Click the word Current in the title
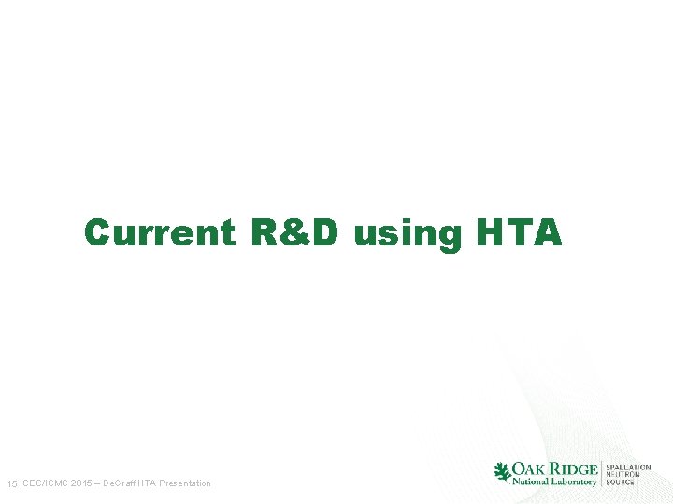coord(159,232)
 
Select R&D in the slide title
coord(294,232)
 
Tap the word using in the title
coord(408,234)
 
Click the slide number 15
coord(12,483)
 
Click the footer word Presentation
coord(185,483)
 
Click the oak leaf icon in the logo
coord(502,472)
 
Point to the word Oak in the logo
coord(530,469)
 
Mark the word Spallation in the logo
coord(628,467)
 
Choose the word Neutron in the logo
coord(623,474)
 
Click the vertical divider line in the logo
coord(601,474)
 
